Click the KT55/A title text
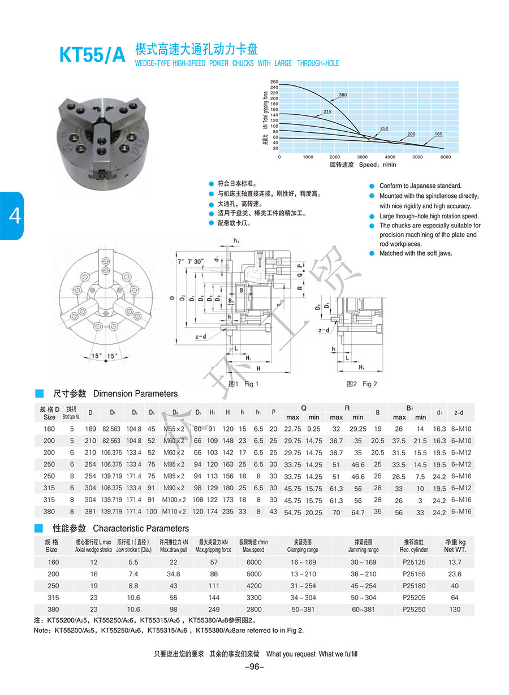92,54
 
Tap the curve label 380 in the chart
343,94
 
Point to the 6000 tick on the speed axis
446,157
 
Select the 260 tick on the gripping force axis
275,82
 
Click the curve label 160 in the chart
438,134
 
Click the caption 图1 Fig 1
243,384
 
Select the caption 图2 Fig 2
362,384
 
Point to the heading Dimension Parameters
135,394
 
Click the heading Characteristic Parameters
141,528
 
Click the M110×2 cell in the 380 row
174,512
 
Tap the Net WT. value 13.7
455,562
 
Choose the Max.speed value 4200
254,586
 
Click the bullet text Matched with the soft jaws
416,253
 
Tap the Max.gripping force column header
213,546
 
